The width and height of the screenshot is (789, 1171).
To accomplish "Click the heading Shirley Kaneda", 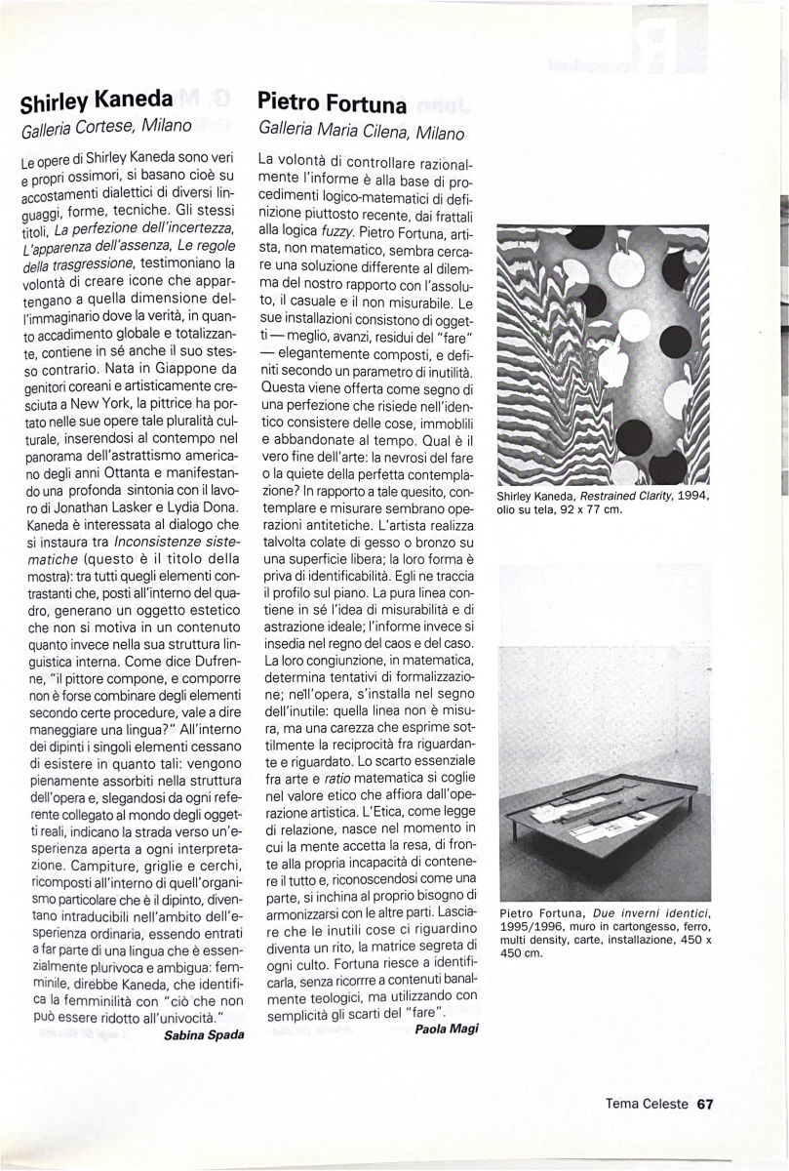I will coord(97,100).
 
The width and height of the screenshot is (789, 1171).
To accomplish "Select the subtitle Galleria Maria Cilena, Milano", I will coord(361,131).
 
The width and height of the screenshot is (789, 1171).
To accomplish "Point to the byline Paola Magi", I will coord(447,1029).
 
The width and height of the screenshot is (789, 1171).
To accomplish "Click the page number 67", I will coord(705,1104).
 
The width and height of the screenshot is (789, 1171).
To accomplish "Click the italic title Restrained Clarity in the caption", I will coord(633,496).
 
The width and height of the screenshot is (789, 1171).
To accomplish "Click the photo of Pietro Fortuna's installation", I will coord(605,732).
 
